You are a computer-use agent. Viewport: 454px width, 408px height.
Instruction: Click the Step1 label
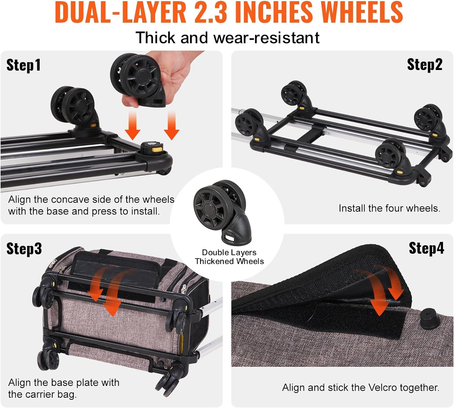tap(23, 65)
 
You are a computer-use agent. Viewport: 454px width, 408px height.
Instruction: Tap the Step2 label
tap(424, 65)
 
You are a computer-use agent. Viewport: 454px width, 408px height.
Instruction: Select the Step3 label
tap(24, 248)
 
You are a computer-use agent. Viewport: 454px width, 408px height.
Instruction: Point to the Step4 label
tap(426, 248)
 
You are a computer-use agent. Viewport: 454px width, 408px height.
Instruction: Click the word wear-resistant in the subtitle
tap(266, 38)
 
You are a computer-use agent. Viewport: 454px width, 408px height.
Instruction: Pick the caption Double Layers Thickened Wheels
tap(229, 257)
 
